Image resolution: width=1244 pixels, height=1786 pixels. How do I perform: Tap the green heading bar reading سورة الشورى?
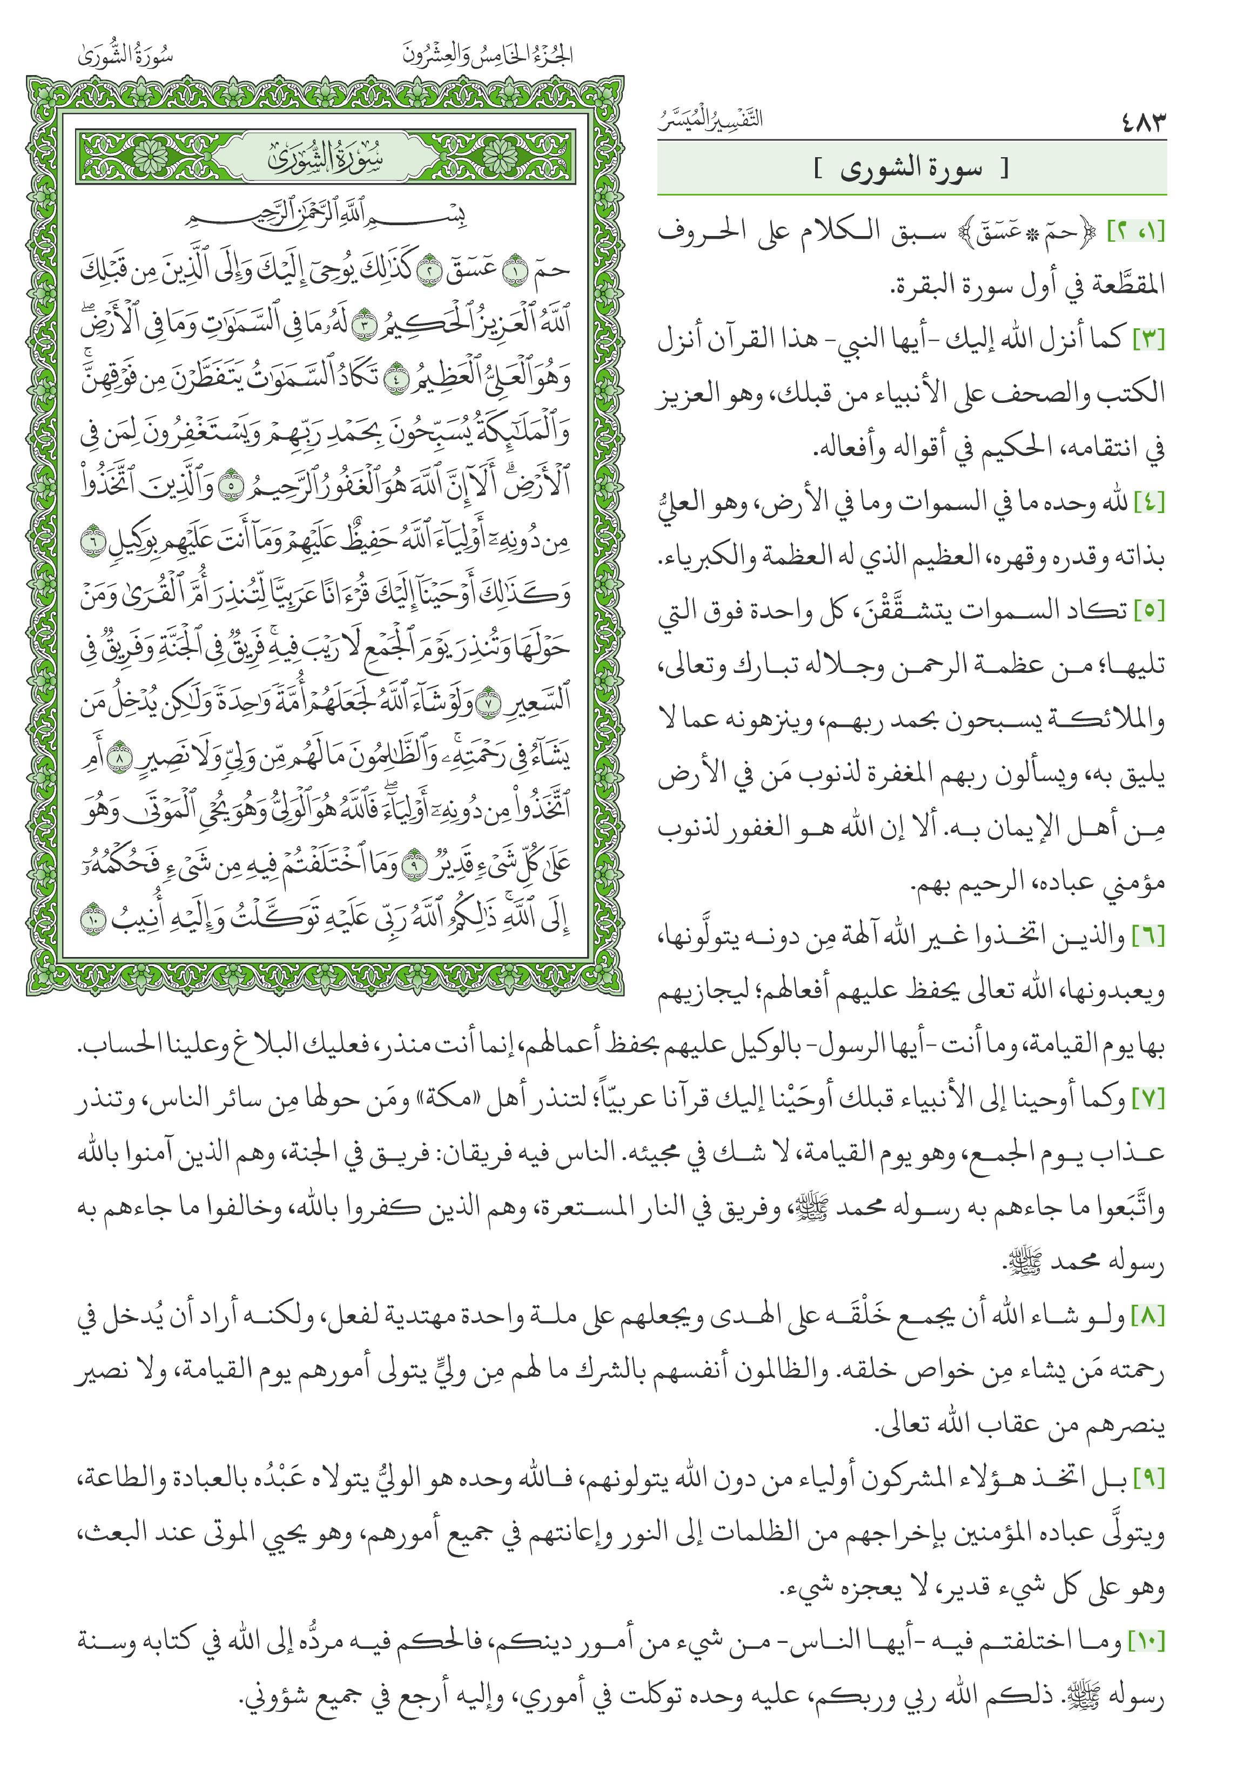click(x=911, y=169)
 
